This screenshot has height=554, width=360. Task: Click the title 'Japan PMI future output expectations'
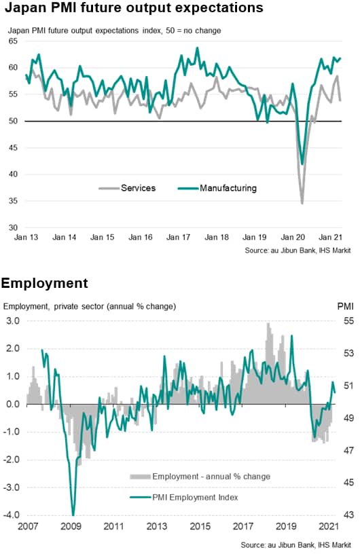click(134, 7)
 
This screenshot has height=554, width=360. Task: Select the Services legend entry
click(127, 188)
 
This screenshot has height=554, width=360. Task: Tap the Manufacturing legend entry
click(217, 188)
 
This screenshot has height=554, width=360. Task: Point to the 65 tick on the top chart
click(13, 41)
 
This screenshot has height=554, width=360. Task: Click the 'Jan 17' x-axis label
click(178, 237)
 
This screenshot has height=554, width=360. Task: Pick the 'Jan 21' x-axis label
click(330, 237)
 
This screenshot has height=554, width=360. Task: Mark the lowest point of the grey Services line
click(302, 204)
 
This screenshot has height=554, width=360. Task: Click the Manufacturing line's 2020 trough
click(302, 164)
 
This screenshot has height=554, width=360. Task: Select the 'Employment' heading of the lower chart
click(45, 283)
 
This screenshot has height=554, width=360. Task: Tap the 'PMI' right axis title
click(345, 306)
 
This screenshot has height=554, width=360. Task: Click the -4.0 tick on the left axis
click(12, 515)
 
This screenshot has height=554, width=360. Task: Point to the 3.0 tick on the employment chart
click(13, 321)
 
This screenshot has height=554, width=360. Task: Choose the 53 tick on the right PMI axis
click(348, 353)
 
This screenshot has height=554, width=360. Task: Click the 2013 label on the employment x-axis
click(157, 526)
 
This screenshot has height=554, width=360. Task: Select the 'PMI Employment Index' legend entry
click(184, 498)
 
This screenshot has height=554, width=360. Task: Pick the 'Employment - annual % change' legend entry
click(200, 477)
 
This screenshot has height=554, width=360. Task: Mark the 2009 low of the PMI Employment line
click(73, 515)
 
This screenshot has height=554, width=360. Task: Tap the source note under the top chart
click(298, 251)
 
